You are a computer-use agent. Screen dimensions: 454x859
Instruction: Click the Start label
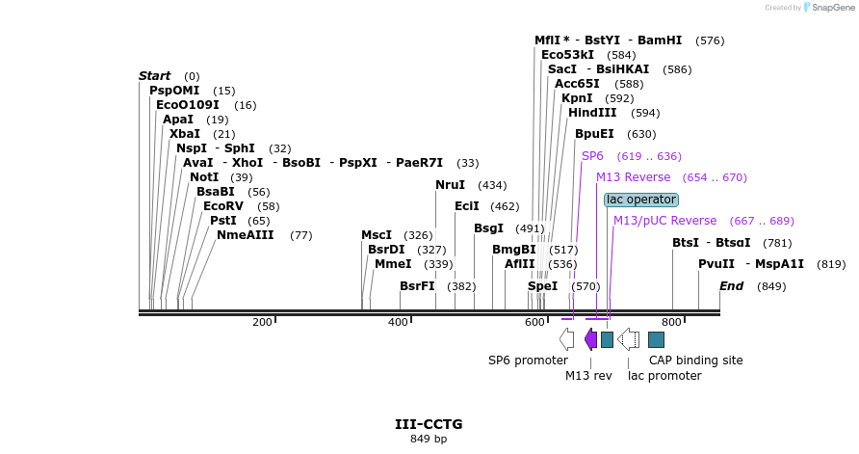pyautogui.click(x=154, y=76)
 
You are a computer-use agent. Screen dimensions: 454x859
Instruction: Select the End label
pyautogui.click(x=732, y=286)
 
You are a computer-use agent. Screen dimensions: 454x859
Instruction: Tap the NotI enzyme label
pyautogui.click(x=204, y=177)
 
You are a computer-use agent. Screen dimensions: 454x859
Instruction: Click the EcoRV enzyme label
pyautogui.click(x=222, y=206)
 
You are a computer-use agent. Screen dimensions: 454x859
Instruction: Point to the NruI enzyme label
pyautogui.click(x=450, y=185)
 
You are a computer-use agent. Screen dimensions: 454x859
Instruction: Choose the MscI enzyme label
pyautogui.click(x=377, y=235)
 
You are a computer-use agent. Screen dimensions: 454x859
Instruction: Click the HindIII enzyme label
pyautogui.click(x=592, y=113)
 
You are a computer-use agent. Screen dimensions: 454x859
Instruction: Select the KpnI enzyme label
pyautogui.click(x=577, y=98)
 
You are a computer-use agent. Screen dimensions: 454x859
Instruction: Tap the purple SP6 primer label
pyautogui.click(x=592, y=156)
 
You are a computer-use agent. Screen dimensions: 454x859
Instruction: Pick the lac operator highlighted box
pyautogui.click(x=641, y=200)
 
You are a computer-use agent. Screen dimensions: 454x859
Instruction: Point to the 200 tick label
pyautogui.click(x=262, y=322)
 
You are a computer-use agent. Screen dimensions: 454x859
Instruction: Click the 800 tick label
pyautogui.click(x=670, y=322)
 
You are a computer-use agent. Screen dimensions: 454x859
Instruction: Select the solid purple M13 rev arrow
pyautogui.click(x=590, y=339)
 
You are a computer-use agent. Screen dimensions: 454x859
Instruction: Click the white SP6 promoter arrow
pyautogui.click(x=566, y=339)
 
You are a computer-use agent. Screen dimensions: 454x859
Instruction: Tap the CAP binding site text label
pyautogui.click(x=695, y=361)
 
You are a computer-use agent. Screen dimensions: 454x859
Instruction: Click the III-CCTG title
pyautogui.click(x=429, y=424)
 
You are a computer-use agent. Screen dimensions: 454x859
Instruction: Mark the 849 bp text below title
pyautogui.click(x=429, y=440)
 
